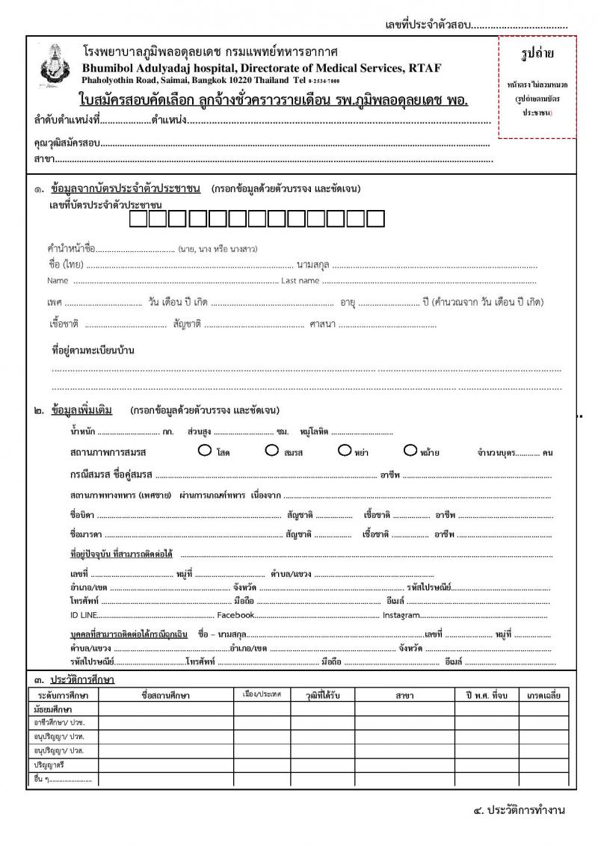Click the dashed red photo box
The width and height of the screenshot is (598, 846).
point(537,87)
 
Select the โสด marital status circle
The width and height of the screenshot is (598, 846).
point(204,450)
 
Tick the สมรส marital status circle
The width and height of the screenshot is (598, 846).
point(271,450)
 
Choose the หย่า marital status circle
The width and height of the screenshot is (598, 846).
point(345,450)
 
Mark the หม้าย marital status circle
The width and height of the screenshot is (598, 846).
point(410,450)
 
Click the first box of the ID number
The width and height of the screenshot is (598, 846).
point(138,219)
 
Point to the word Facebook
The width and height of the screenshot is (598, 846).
point(236,615)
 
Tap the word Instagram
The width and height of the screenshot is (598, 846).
point(401,615)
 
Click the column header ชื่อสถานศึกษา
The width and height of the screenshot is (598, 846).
point(165,695)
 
